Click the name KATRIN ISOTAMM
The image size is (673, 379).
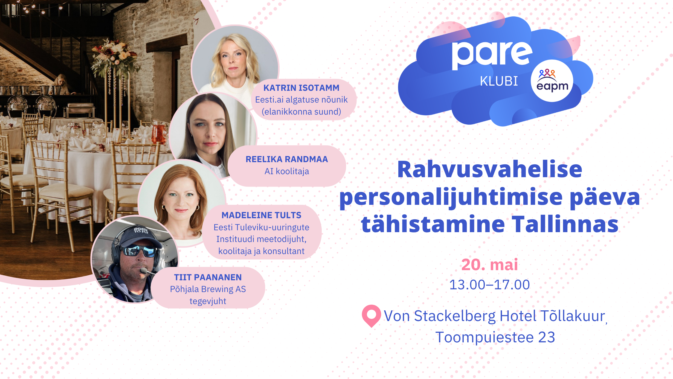coord(301,88)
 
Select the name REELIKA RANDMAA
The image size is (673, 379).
coord(287,159)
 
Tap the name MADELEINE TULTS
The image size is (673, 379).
coord(261,215)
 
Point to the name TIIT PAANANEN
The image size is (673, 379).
coord(208,277)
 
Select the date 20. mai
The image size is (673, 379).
coord(489,264)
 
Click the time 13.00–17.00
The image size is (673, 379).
coord(489,285)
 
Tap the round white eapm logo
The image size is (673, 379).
coord(552,81)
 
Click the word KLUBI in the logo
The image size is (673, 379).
coord(499,81)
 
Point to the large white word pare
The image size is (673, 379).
coord(492,55)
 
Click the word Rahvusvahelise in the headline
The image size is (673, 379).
coord(490,169)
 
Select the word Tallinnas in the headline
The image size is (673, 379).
coord(565,224)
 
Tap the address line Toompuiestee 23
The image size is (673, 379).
coord(495,337)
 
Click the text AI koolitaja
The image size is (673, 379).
coord(287,171)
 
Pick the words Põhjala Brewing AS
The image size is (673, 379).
coord(208,289)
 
